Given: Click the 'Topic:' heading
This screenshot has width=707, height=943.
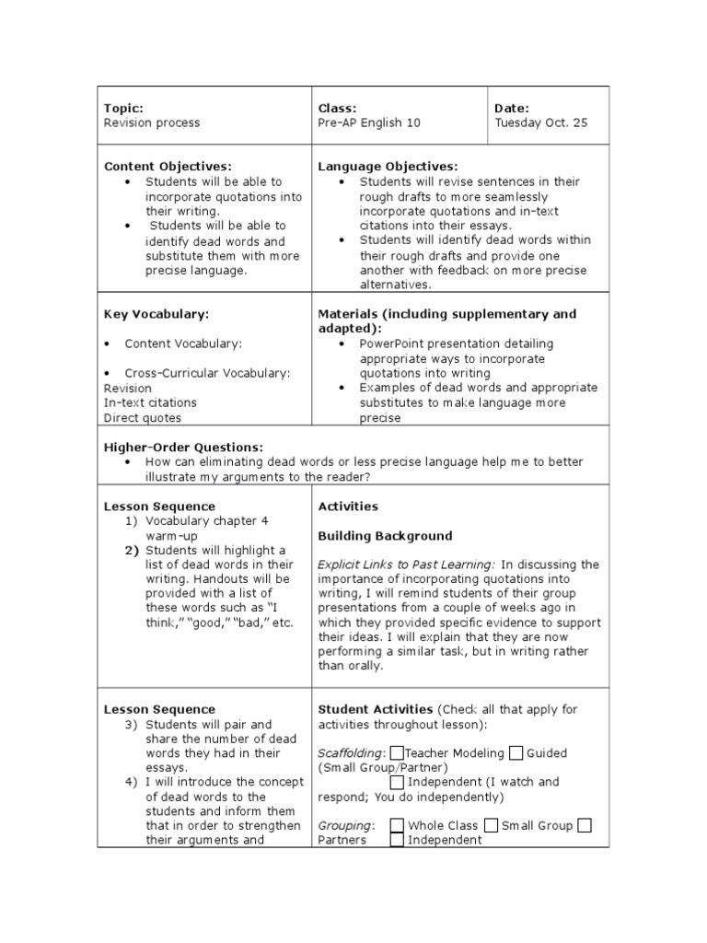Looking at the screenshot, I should coord(123,108).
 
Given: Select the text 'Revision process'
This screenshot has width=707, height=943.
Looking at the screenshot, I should coord(151,122).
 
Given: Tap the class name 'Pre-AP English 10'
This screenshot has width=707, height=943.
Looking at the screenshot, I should coord(369,122).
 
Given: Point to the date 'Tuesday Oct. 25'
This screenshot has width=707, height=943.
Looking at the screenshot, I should coord(540,122).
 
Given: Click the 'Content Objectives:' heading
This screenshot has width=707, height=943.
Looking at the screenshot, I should coord(168,167).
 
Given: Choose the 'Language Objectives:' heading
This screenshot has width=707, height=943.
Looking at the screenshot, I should coord(388,167).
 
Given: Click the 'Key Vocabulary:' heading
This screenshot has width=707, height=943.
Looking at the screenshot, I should coord(156,314).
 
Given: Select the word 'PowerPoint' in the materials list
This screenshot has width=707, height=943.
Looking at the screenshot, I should coord(392,343).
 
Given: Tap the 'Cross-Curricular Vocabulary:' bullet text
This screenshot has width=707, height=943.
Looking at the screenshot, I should coord(207,373).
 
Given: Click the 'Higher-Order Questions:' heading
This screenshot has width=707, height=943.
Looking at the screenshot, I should coord(183,447).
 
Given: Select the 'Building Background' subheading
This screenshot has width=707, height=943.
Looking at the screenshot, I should coord(385,535).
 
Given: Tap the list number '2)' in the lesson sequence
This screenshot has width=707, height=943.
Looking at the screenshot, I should coord(132,550).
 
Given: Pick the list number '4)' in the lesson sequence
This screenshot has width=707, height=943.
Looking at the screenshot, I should coord(132,782).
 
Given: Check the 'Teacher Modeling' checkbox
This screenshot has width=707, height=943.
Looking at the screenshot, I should coord(397,752).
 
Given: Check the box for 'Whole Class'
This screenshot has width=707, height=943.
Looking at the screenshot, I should coord(397,825).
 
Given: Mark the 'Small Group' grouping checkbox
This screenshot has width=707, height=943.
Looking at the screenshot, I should coord(492,825).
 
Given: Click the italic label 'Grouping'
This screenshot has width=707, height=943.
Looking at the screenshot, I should coord(345,826).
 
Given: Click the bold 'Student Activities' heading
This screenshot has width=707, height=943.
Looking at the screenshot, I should coord(375,709).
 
